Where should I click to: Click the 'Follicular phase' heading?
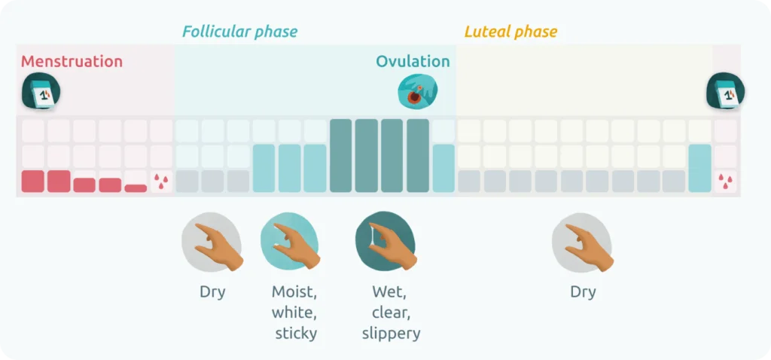[x=239, y=32]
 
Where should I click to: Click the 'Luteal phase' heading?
[x=510, y=32]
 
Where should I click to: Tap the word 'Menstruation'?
[x=72, y=62]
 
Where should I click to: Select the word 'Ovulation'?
[x=413, y=62]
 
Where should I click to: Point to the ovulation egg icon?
[x=416, y=92]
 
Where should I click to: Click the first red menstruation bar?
[x=33, y=181]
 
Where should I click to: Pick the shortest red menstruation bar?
[x=136, y=188]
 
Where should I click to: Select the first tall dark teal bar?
[x=340, y=156]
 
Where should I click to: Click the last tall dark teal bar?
[x=418, y=156]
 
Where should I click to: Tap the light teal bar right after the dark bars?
[x=443, y=169]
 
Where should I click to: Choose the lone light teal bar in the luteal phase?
[x=699, y=169]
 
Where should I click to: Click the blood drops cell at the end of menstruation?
[x=161, y=182]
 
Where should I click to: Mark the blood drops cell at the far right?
[x=725, y=182]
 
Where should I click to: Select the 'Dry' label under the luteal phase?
[x=583, y=292]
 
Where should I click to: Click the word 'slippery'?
[x=391, y=333]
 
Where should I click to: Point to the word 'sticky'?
[x=295, y=333]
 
